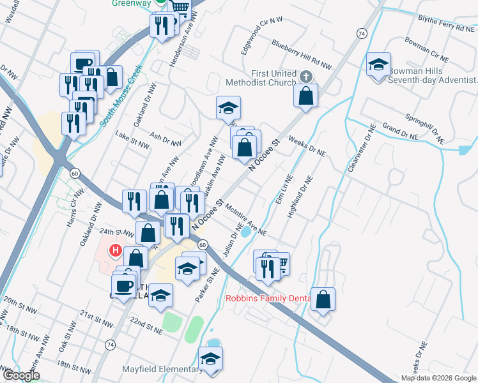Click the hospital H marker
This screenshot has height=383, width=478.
(x=116, y=250)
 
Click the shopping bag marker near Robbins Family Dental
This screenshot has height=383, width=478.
(x=323, y=299)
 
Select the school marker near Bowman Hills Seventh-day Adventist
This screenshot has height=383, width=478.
(x=379, y=64)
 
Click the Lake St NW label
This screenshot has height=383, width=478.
(x=131, y=136)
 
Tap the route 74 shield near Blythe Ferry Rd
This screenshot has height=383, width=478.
(x=362, y=33)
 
